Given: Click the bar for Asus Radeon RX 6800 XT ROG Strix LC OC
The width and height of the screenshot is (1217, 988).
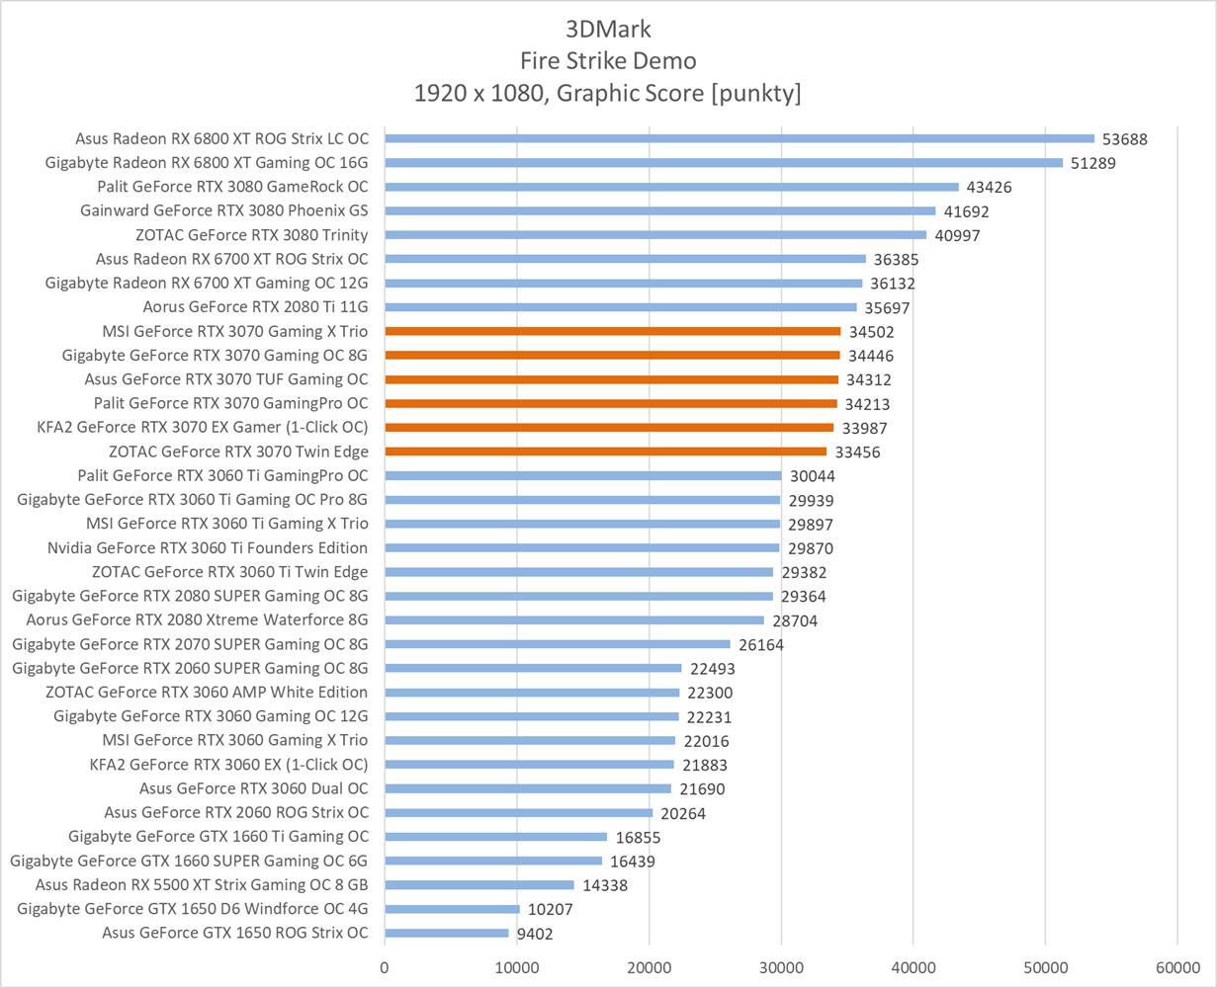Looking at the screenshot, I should [x=739, y=138].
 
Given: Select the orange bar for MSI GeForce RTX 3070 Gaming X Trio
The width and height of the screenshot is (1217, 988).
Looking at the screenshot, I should [x=612, y=331].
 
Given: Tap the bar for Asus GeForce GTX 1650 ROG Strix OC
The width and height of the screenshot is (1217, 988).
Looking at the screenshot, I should [x=447, y=933].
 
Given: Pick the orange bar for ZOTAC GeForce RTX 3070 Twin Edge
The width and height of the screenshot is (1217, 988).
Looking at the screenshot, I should [x=605, y=452].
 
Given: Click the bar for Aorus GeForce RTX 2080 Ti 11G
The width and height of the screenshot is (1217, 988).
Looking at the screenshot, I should [x=621, y=307].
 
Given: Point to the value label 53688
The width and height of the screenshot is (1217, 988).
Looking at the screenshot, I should [x=1125, y=139].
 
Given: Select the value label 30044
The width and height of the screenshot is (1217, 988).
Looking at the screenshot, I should [x=812, y=476].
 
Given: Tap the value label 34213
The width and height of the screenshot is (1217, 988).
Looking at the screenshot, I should [x=868, y=404].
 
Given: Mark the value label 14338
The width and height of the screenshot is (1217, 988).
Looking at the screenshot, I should [x=605, y=885].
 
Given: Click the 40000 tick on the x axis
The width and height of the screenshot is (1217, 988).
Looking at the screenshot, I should [x=913, y=968].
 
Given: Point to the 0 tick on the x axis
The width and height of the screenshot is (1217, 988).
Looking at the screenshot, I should [x=385, y=968].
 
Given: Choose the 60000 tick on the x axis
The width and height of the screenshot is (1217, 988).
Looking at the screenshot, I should [x=1176, y=968].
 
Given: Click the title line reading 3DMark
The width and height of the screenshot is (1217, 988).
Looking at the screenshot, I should [x=608, y=28].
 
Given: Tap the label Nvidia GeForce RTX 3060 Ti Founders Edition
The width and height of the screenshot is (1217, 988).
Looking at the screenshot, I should [x=208, y=547].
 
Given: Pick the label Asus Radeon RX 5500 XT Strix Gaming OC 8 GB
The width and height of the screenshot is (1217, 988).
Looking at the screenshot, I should [x=202, y=884].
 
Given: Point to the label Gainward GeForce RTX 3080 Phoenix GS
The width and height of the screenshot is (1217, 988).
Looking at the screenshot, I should [x=224, y=210].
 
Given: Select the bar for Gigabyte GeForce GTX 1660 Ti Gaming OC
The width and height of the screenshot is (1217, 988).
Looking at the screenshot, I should [x=495, y=837].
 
